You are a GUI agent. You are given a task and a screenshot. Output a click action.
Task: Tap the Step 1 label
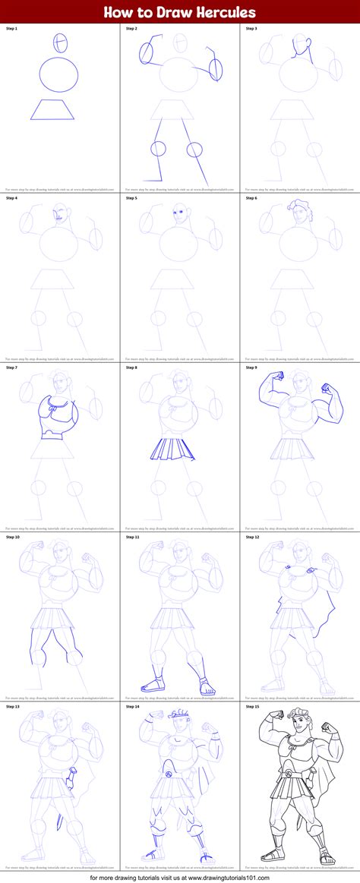point(11,29)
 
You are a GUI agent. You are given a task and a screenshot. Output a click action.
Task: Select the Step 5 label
point(131,198)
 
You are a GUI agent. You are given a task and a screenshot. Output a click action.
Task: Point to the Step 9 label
point(251,367)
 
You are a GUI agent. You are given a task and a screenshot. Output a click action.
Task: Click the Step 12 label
point(252,537)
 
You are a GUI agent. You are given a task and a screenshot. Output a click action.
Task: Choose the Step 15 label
point(252,706)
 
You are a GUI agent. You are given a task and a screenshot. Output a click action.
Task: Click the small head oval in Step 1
point(60,42)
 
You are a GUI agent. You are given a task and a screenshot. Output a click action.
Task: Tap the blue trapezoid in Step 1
point(52,109)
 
